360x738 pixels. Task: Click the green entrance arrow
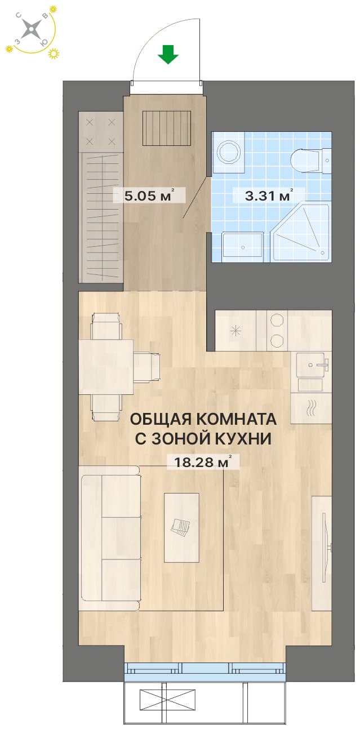coord(168,54)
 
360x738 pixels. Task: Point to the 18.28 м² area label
coord(202,462)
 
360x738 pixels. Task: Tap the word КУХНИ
coord(243,439)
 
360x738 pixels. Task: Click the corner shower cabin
coord(300,232)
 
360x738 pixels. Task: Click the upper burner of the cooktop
coord(277,319)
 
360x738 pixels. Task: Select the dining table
coord(106,367)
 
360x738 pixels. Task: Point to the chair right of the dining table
coord(146,367)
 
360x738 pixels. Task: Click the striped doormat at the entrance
coord(167,128)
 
